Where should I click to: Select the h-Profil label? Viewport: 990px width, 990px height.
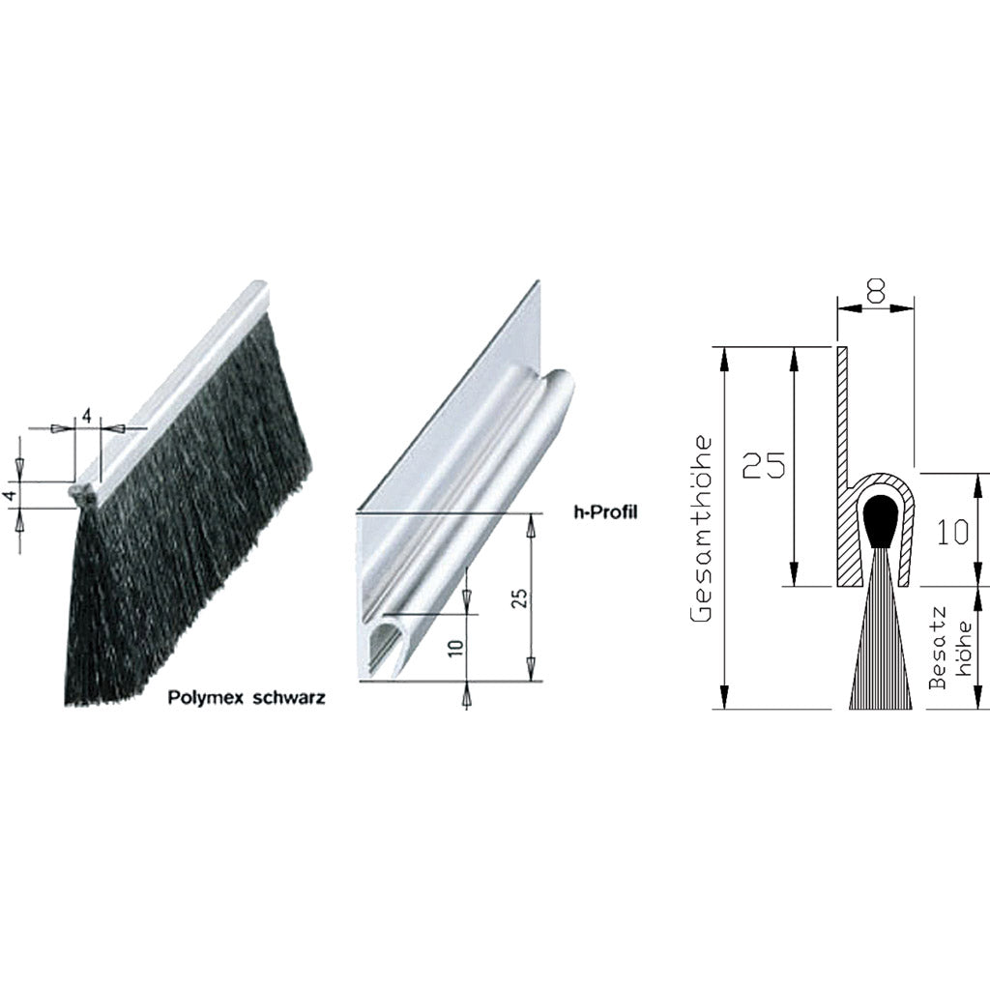click(x=605, y=512)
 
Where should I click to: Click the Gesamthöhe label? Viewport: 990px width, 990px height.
click(x=702, y=529)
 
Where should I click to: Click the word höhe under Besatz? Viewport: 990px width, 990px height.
click(x=964, y=649)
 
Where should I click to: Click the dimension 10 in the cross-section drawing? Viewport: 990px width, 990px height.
click(x=952, y=532)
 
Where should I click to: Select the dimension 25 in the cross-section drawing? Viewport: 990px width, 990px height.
click(x=763, y=465)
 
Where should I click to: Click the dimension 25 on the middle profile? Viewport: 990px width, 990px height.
click(x=519, y=597)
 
